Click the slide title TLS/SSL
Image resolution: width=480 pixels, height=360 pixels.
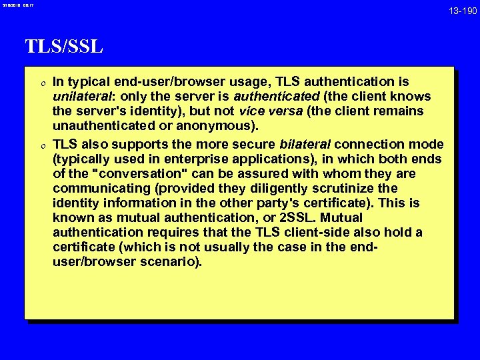coord(64,47)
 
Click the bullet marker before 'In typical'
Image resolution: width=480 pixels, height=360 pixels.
coord(42,83)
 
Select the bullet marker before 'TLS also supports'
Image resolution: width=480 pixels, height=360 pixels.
coord(42,144)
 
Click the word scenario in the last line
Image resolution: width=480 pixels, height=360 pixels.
coord(172,262)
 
